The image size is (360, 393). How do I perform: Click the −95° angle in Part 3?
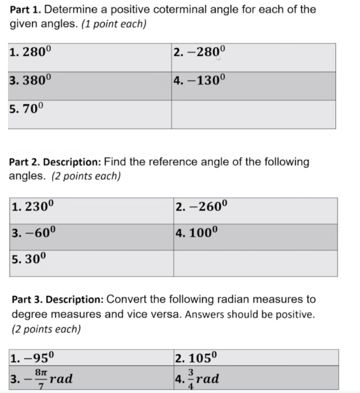tap(39, 357)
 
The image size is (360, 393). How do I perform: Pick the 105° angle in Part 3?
tap(202, 357)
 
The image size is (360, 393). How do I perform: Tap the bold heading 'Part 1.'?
tap(26, 10)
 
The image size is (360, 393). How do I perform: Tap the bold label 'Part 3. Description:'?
tap(57, 300)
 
